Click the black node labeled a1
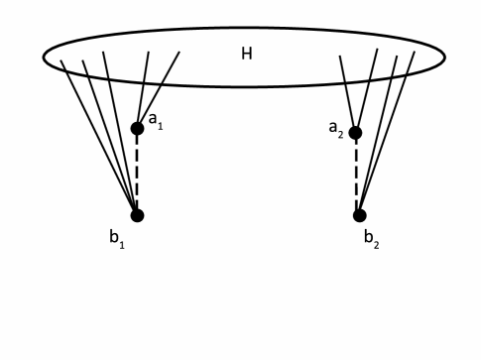tap(137, 128)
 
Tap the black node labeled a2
tap(355, 133)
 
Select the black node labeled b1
tap(137, 215)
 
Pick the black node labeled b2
tap(359, 215)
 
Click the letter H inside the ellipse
tap(247, 53)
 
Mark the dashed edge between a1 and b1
tap(137, 172)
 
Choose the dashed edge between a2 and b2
tap(357, 175)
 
